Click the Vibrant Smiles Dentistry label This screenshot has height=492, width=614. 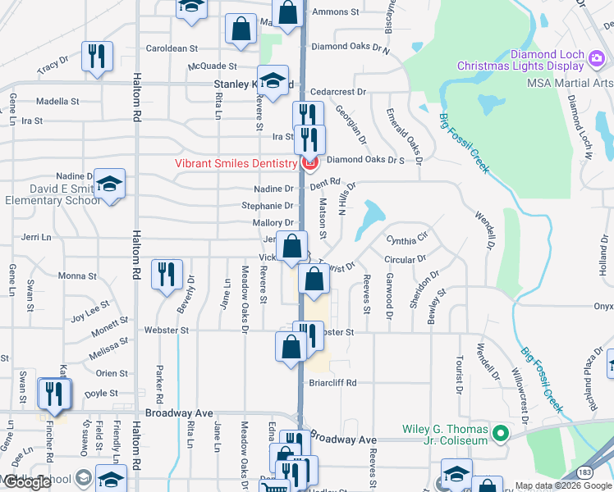click(236, 163)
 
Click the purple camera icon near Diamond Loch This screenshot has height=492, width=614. click(595, 55)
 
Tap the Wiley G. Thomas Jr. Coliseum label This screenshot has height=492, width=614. click(445, 435)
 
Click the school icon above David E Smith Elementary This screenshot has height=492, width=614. click(108, 184)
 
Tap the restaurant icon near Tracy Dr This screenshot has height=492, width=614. click(96, 57)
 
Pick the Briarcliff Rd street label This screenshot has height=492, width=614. click(332, 382)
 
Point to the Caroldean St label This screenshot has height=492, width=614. click(172, 49)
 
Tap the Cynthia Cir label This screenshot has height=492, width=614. click(408, 239)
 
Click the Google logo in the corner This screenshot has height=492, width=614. click(28, 483)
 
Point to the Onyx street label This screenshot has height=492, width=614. click(603, 306)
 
